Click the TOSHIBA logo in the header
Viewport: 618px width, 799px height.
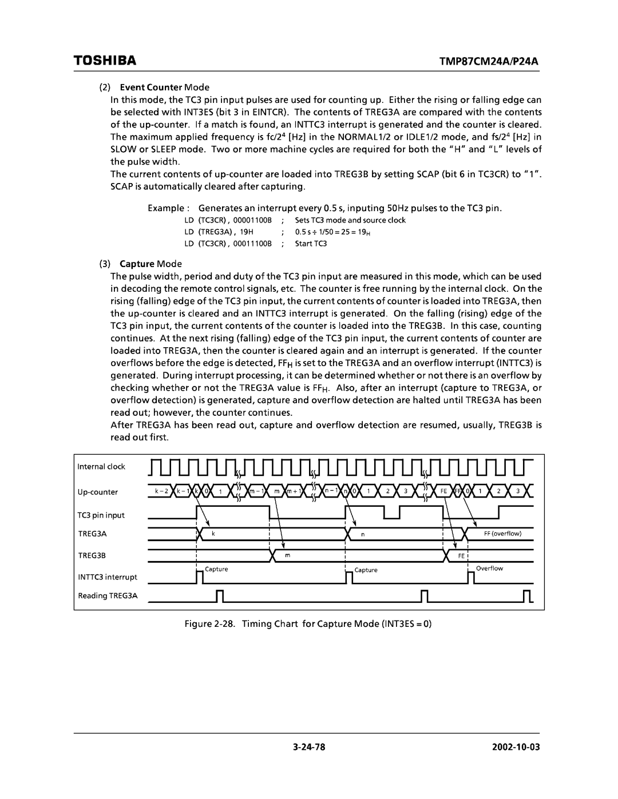(x=104, y=60)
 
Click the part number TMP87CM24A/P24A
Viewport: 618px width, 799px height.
(x=500, y=60)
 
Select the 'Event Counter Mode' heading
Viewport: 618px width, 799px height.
(x=164, y=88)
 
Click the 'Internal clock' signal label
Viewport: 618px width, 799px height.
(x=101, y=467)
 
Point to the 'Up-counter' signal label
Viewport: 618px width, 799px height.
(x=98, y=492)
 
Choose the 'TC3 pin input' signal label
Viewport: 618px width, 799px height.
(x=101, y=515)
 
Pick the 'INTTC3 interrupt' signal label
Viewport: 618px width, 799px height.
(x=108, y=577)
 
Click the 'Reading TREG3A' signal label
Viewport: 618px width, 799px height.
(x=108, y=596)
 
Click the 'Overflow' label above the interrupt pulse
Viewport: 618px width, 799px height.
(x=489, y=569)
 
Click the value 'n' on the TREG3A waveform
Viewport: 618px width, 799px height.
(x=362, y=534)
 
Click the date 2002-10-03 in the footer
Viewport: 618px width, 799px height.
(x=518, y=746)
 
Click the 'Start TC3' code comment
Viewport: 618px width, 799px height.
(x=311, y=244)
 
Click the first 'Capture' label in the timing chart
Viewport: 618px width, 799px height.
(x=216, y=569)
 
